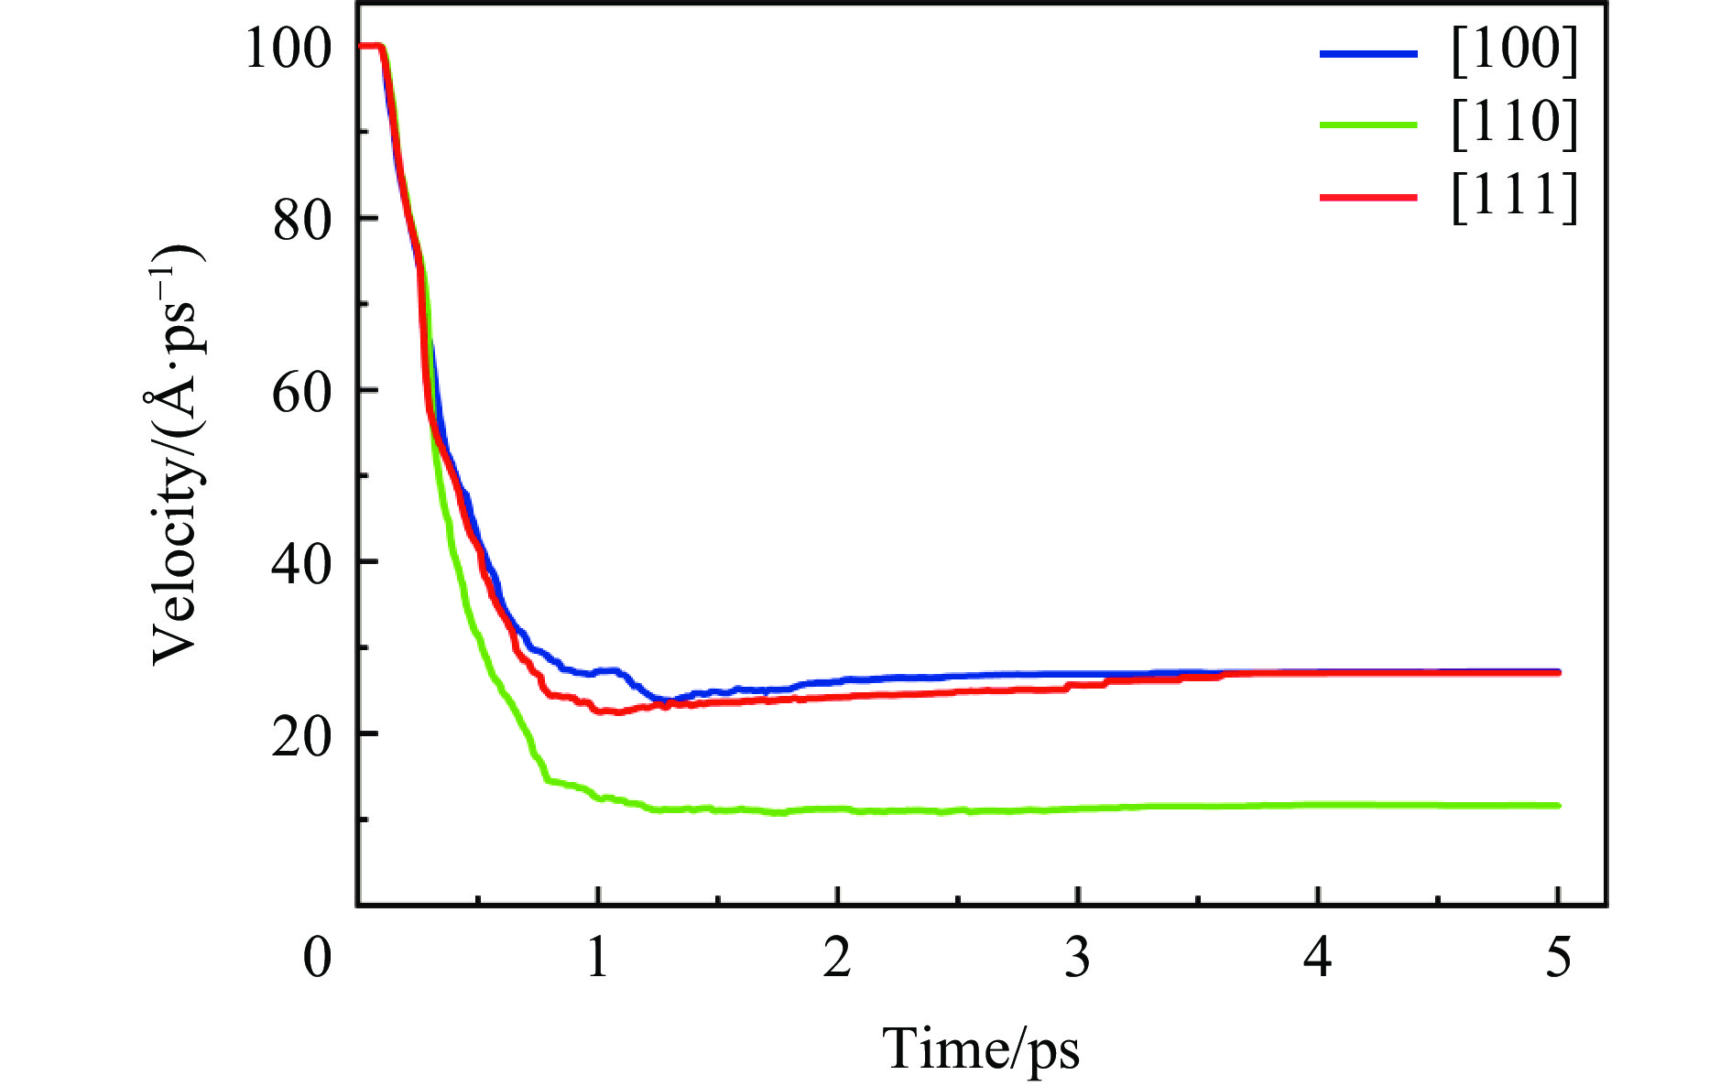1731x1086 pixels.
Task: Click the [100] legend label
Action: (x=1515, y=50)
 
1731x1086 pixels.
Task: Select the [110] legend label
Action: (x=1515, y=124)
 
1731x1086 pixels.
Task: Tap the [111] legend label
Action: (x=1515, y=197)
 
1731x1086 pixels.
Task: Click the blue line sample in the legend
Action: (x=1368, y=53)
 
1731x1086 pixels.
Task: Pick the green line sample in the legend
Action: (x=1368, y=125)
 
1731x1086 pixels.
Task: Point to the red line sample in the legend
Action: (x=1368, y=197)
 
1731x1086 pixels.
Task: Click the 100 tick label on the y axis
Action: (x=287, y=49)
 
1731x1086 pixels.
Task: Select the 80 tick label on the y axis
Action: (x=301, y=220)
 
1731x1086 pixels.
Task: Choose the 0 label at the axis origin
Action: (x=317, y=958)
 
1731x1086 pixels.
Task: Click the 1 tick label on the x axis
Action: (x=597, y=958)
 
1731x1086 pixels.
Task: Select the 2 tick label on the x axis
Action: (x=837, y=958)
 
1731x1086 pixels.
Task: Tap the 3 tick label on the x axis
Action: (x=1078, y=958)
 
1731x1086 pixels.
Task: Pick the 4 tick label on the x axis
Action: (x=1318, y=958)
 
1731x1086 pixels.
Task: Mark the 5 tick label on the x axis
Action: (x=1558, y=958)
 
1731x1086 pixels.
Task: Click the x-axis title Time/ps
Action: (x=981, y=1049)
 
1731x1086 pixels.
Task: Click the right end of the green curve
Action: (x=1558, y=805)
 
